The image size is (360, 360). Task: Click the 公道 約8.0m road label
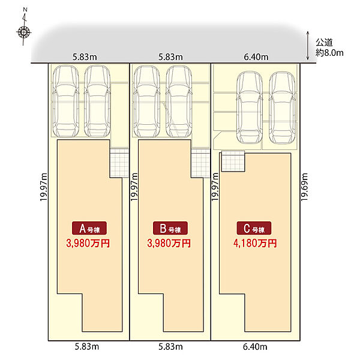[329, 47]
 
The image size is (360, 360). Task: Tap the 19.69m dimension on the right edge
[305, 188]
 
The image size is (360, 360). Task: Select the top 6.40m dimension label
[255, 57]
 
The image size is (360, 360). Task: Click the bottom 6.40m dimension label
[255, 347]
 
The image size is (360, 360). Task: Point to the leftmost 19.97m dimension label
[43, 188]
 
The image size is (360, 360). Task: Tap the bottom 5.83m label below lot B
[170, 347]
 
